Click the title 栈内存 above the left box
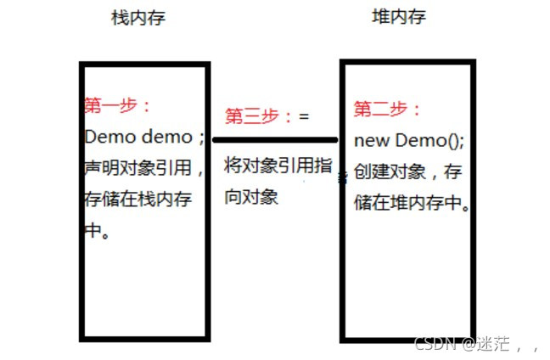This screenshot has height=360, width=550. point(137,18)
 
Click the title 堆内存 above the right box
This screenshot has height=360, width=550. point(398,17)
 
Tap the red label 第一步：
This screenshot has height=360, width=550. point(117,105)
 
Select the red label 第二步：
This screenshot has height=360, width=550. point(387,109)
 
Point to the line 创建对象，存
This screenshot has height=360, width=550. point(409,172)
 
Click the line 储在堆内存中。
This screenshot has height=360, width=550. point(412,204)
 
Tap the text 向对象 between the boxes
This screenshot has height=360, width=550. point(251,198)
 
